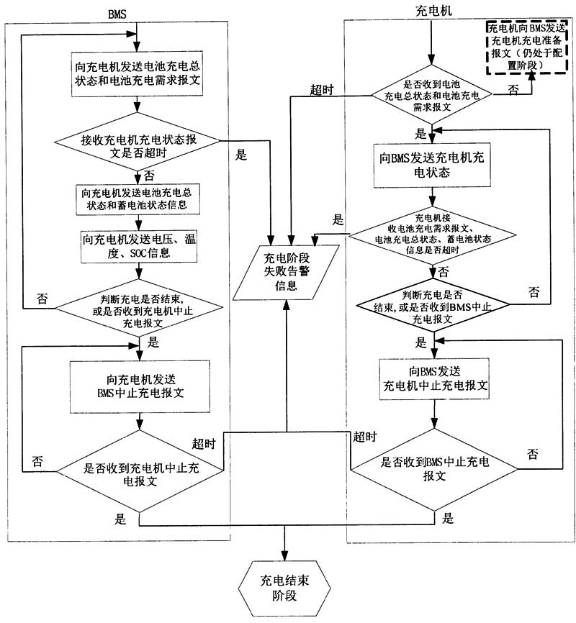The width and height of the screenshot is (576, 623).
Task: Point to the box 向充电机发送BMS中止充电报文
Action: point(136,386)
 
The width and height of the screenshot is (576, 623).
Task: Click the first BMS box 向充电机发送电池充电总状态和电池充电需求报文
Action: point(136,74)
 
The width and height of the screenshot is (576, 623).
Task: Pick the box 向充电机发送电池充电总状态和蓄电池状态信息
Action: point(136,199)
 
